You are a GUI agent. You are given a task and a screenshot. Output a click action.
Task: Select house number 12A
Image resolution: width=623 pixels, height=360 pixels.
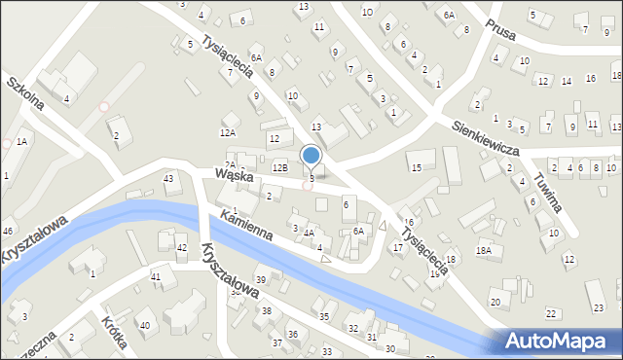pyautogui.click(x=228, y=132)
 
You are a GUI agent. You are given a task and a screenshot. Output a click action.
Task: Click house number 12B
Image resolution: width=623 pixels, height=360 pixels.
pyautogui.click(x=280, y=167)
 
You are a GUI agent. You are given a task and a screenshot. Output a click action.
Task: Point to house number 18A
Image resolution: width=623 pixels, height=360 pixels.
pyautogui.click(x=484, y=250)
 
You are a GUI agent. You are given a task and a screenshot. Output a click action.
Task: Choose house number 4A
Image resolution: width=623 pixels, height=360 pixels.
pyautogui.click(x=308, y=234)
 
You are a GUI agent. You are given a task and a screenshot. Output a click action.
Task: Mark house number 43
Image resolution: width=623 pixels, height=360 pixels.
pyautogui.click(x=168, y=178)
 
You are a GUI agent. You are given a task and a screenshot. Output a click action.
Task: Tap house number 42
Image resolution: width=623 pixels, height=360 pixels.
pyautogui.click(x=181, y=248)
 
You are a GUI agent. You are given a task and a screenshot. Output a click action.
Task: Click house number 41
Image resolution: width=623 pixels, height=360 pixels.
pyautogui.click(x=156, y=277)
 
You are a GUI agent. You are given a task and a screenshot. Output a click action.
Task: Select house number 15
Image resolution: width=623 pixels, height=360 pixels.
pyautogui.click(x=416, y=168)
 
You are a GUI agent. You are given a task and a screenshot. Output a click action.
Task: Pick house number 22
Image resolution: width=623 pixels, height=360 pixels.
pyautogui.click(x=551, y=313)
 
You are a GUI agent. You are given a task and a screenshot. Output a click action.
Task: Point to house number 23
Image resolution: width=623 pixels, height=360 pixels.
pyautogui.click(x=598, y=308)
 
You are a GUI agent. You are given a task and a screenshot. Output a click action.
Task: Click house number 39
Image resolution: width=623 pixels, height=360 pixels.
pyautogui.click(x=260, y=280)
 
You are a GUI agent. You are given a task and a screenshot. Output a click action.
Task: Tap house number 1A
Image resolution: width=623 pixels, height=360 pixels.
pyautogui.click(x=20, y=142)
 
